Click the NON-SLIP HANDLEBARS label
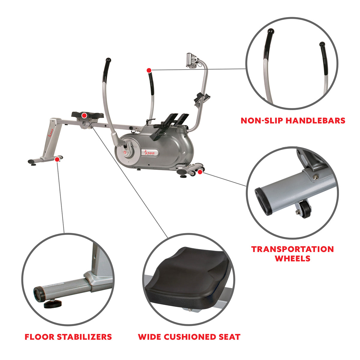(293, 121)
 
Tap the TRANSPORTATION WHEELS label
(292, 254)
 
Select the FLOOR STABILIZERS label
(68, 337)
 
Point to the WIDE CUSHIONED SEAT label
(189, 337)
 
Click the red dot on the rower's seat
(85, 115)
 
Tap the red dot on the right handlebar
(148, 70)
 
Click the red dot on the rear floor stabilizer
(57, 160)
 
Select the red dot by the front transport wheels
(200, 172)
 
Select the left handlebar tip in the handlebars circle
(270, 31)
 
